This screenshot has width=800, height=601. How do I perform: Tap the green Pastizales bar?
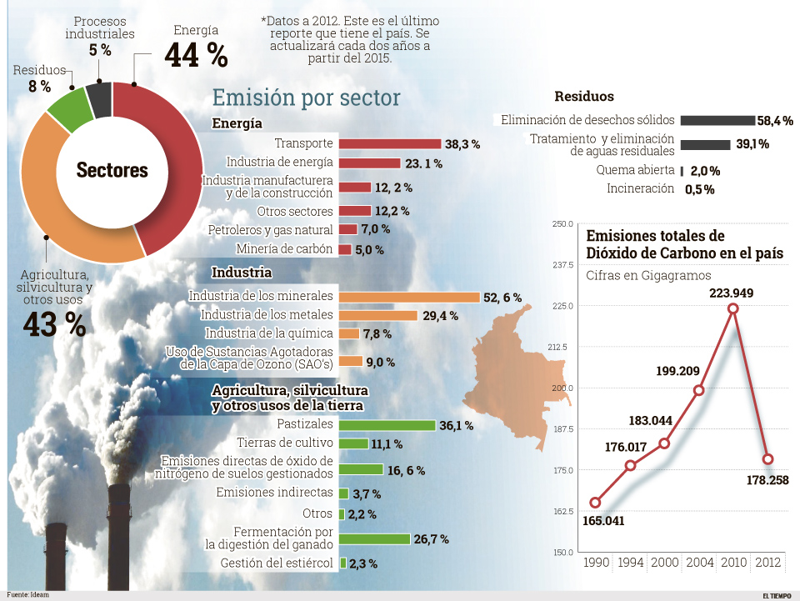(x=387, y=425)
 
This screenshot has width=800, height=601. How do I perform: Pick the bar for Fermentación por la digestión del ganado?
(x=374, y=539)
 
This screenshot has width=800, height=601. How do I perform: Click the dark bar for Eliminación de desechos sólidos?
(x=717, y=120)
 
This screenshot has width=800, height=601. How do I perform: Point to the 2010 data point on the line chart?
(x=733, y=308)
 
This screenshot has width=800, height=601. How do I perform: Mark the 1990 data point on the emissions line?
(x=595, y=503)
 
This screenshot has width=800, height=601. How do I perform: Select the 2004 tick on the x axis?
(x=699, y=563)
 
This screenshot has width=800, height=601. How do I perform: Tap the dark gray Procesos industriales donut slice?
(x=98, y=98)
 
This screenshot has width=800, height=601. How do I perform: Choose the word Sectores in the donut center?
(x=112, y=171)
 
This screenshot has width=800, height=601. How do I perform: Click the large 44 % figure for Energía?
(x=196, y=55)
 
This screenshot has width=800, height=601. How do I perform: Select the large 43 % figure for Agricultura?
(x=54, y=325)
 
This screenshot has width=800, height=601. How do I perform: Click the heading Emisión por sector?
(x=306, y=98)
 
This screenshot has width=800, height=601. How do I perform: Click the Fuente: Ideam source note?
(x=25, y=595)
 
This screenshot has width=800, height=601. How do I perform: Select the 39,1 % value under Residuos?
(x=752, y=144)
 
